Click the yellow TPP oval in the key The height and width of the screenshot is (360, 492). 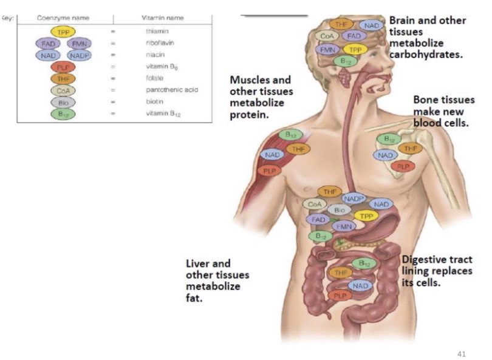tap(63, 31)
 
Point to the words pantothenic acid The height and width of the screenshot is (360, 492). tap(171, 90)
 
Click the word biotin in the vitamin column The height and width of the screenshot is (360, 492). tap(154, 102)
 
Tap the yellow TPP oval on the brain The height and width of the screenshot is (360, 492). tap(354, 49)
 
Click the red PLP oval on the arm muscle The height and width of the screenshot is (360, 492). tap(268, 171)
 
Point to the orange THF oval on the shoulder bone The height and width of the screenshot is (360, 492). tap(410, 148)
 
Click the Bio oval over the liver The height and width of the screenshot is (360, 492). tap(340, 209)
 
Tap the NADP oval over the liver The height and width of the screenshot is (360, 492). tap(355, 198)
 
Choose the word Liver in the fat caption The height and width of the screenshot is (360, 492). tap(199, 263)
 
